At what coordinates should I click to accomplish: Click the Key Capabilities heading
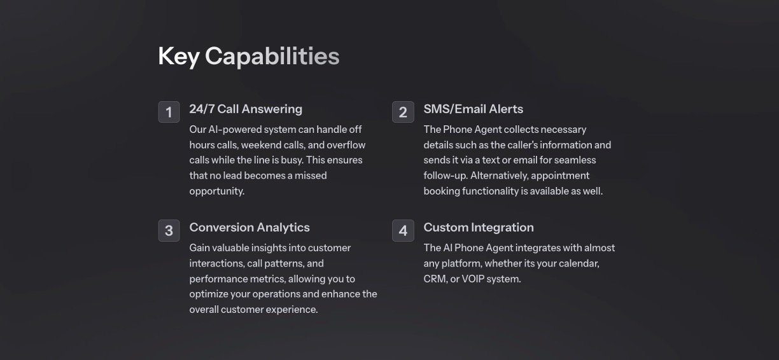(249, 57)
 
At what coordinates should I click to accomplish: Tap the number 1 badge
(169, 112)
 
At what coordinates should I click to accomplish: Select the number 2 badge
(403, 112)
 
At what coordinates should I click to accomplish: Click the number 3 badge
(169, 230)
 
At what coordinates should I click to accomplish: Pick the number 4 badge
(403, 230)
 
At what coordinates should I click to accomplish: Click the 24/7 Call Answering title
(246, 109)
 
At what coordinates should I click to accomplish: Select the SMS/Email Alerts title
(474, 109)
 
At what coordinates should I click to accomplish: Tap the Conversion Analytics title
(249, 227)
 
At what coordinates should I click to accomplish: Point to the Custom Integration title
(479, 227)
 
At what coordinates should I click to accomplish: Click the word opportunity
(217, 191)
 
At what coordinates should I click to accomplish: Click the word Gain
(199, 248)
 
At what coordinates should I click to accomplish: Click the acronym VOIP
(473, 279)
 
